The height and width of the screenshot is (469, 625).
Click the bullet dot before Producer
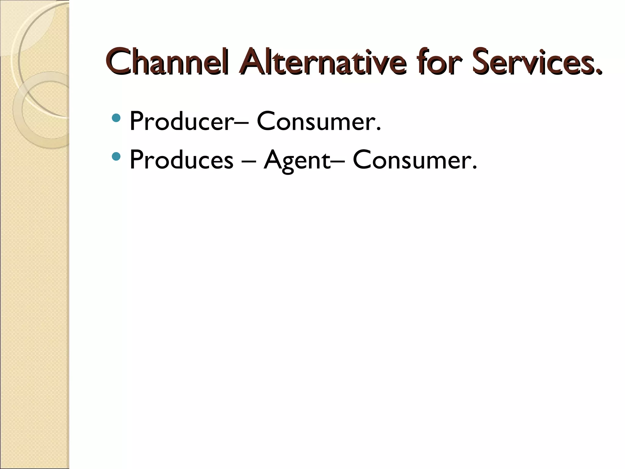[x=116, y=118]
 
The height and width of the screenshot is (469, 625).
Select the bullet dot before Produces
[x=116, y=157]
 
